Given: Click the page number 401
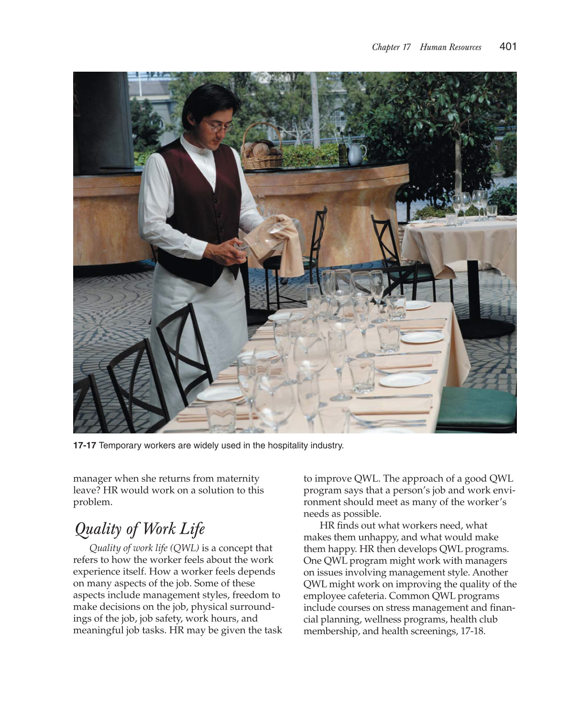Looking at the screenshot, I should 507,46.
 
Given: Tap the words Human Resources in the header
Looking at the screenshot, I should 450,47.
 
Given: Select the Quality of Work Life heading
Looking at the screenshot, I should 140,529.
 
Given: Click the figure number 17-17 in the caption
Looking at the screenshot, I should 85,445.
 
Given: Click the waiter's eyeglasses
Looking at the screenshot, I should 218,126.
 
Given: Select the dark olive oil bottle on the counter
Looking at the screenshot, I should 343,150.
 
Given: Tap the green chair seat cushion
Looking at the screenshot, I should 476,406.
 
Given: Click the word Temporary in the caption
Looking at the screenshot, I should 120,445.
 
